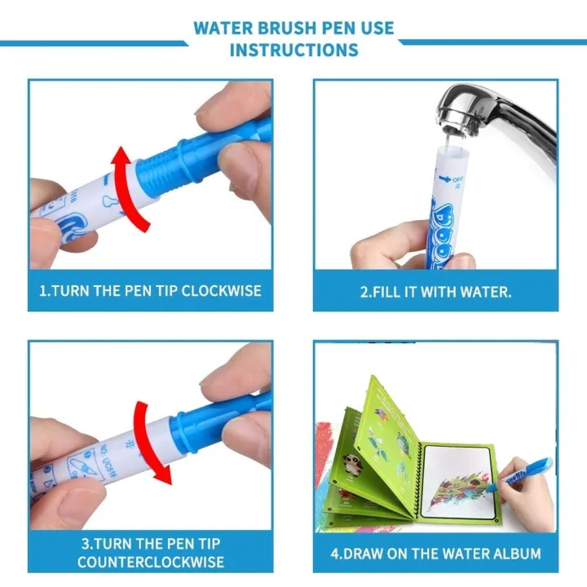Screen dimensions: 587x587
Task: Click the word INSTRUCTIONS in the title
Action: tap(293, 50)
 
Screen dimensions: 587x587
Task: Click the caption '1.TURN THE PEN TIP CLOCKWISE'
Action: tap(151, 291)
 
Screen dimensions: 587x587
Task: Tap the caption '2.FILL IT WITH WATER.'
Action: tap(436, 291)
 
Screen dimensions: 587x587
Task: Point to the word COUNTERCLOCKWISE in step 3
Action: tap(151, 562)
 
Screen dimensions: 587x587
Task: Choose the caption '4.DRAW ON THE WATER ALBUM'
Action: tap(436, 554)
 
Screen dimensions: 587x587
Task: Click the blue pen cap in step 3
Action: tap(212, 424)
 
